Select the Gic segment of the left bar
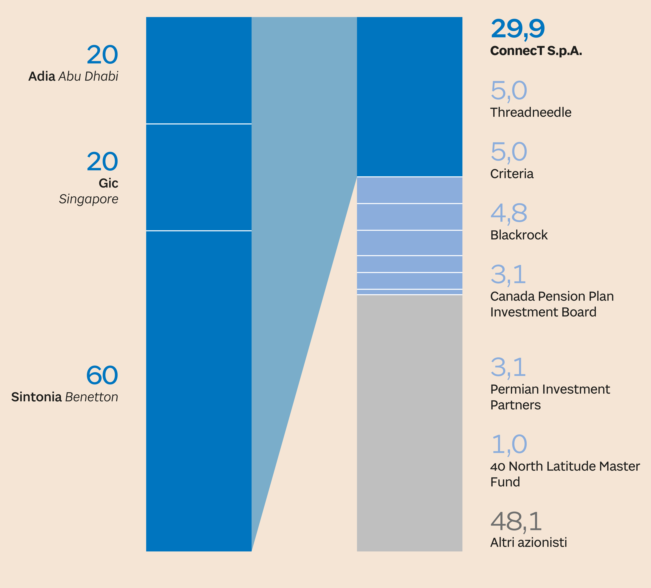tap(199, 177)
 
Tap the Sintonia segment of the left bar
tap(199, 391)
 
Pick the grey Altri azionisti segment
tap(409, 423)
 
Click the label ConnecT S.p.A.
tap(536, 51)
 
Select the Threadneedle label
tap(531, 112)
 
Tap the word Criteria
tap(512, 174)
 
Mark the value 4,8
tap(509, 213)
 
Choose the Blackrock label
tap(519, 235)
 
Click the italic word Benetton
tap(92, 397)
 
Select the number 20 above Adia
tap(102, 55)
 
